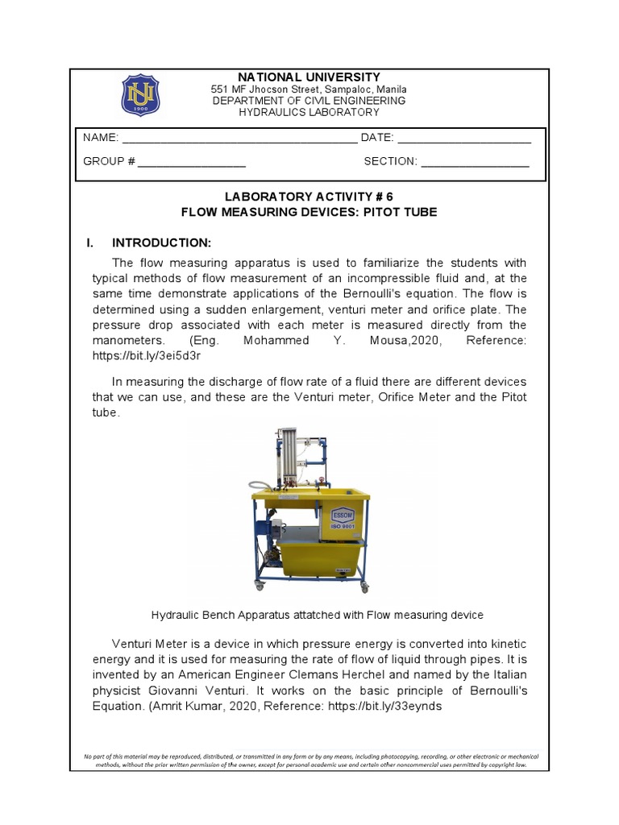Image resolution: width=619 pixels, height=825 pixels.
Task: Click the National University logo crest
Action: point(140,95)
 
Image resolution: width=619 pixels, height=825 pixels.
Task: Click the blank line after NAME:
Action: point(239,139)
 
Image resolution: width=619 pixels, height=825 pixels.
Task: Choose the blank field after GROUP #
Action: point(192,162)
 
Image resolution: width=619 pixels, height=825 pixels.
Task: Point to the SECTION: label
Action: point(390,161)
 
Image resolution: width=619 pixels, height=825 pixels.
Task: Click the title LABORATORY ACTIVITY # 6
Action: point(309,197)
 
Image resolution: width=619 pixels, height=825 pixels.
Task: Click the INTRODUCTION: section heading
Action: point(161,243)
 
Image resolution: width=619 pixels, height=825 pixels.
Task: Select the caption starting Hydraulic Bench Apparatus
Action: point(317,616)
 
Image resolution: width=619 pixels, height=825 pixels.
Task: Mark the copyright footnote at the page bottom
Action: point(310,761)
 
